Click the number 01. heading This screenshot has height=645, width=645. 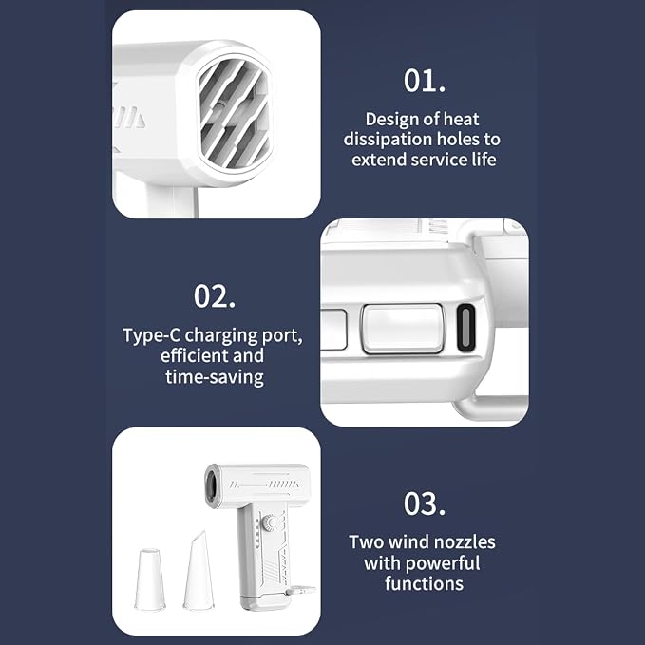pyautogui.click(x=424, y=81)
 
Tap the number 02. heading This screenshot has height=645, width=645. pyautogui.click(x=215, y=296)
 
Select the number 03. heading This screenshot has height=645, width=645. pyautogui.click(x=424, y=503)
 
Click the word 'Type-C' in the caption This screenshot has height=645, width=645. pyautogui.click(x=151, y=335)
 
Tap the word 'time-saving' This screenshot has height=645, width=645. pyautogui.click(x=215, y=377)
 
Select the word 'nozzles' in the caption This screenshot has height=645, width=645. pyautogui.click(x=465, y=542)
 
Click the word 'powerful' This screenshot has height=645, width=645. pyautogui.click(x=444, y=562)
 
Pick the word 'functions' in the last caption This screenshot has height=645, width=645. pyautogui.click(x=424, y=583)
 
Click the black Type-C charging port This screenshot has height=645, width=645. pyautogui.click(x=465, y=328)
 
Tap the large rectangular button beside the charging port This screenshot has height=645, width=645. pyautogui.click(x=403, y=329)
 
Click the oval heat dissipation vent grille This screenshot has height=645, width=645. pyautogui.click(x=234, y=113)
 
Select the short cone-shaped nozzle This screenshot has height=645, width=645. pyautogui.click(x=150, y=579)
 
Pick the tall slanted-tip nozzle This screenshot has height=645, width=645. pyautogui.click(x=199, y=570)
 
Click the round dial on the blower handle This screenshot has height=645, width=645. pyautogui.click(x=270, y=523)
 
